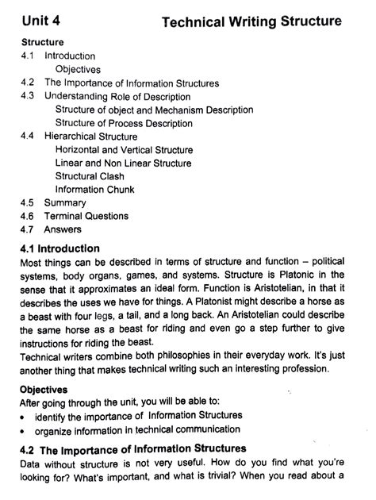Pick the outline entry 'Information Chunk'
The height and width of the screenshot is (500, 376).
(94, 190)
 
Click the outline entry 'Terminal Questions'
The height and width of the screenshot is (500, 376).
(86, 216)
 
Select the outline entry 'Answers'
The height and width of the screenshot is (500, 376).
(63, 229)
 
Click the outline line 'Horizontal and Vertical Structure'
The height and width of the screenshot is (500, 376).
(124, 149)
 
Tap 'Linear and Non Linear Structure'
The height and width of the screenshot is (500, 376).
(124, 163)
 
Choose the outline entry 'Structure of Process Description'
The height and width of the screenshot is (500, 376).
(124, 123)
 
